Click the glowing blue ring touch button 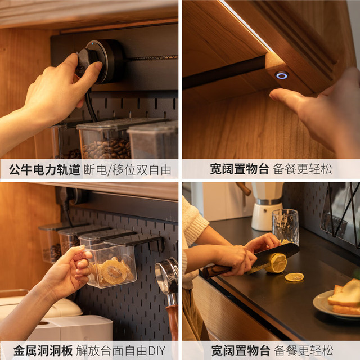pos(281,75)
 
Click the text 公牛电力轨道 pos(44,170)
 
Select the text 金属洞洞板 pos(43,351)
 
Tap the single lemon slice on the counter pos(294,277)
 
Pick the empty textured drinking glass pos(285,227)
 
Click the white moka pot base pos(265,217)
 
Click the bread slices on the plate pos(344,297)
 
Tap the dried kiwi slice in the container pos(114,272)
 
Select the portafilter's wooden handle pos(173,321)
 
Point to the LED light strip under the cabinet pos(246,25)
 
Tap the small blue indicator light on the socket pos(93,44)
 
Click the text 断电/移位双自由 pos(128,170)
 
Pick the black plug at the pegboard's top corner pos(65,198)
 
